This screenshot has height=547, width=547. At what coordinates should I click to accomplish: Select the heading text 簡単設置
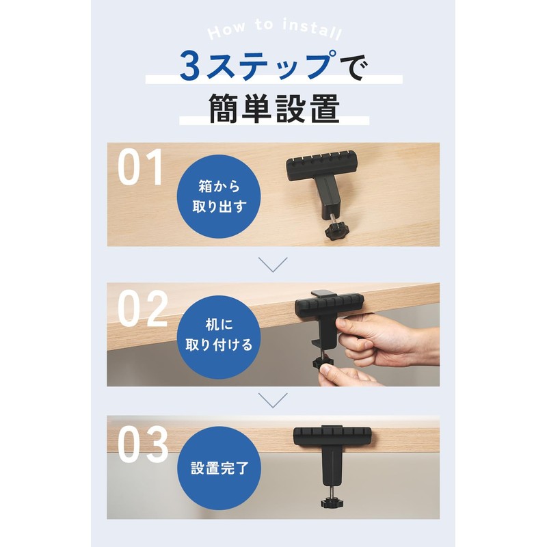pos(273,107)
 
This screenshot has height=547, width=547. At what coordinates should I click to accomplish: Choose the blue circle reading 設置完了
pos(210,470)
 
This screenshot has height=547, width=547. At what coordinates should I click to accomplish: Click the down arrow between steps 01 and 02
pos(273,264)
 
